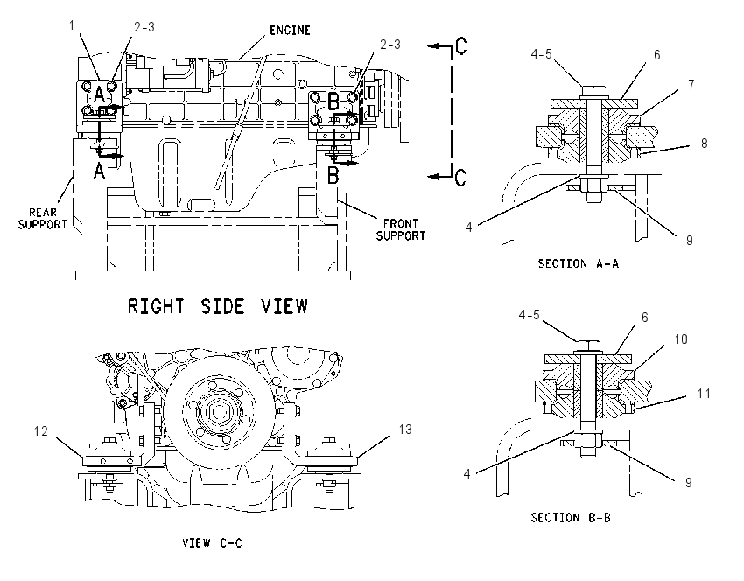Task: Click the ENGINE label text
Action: point(290,31)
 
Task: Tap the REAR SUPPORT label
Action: point(43,219)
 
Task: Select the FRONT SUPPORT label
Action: point(401,229)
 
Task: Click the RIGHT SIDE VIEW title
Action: point(218,306)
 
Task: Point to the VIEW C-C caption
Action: point(212,543)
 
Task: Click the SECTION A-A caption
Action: point(579,263)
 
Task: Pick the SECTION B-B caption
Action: point(571,517)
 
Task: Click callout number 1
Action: point(72,25)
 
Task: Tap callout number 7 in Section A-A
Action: point(691,84)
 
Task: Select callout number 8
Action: point(704,143)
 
